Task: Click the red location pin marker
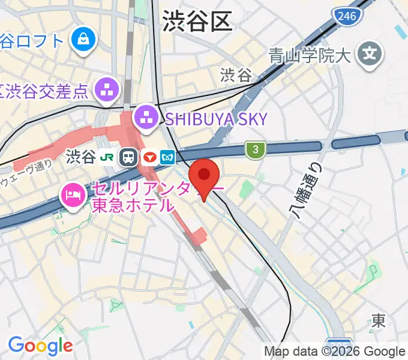pyautogui.click(x=204, y=176)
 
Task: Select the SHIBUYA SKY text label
pyautogui.click(x=216, y=119)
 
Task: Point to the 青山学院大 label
pyautogui.click(x=310, y=57)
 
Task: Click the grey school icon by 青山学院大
pyautogui.click(x=369, y=55)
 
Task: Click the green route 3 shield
pyautogui.click(x=255, y=149)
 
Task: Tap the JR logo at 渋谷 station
pyautogui.click(x=108, y=158)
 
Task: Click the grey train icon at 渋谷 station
pyautogui.click(x=128, y=158)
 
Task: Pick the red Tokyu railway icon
pyautogui.click(x=149, y=158)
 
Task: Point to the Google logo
pyautogui.click(x=40, y=346)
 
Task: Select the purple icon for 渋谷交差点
pyautogui.click(x=107, y=91)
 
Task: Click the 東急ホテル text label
pyautogui.click(x=131, y=205)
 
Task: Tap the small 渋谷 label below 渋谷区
pyautogui.click(x=236, y=75)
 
